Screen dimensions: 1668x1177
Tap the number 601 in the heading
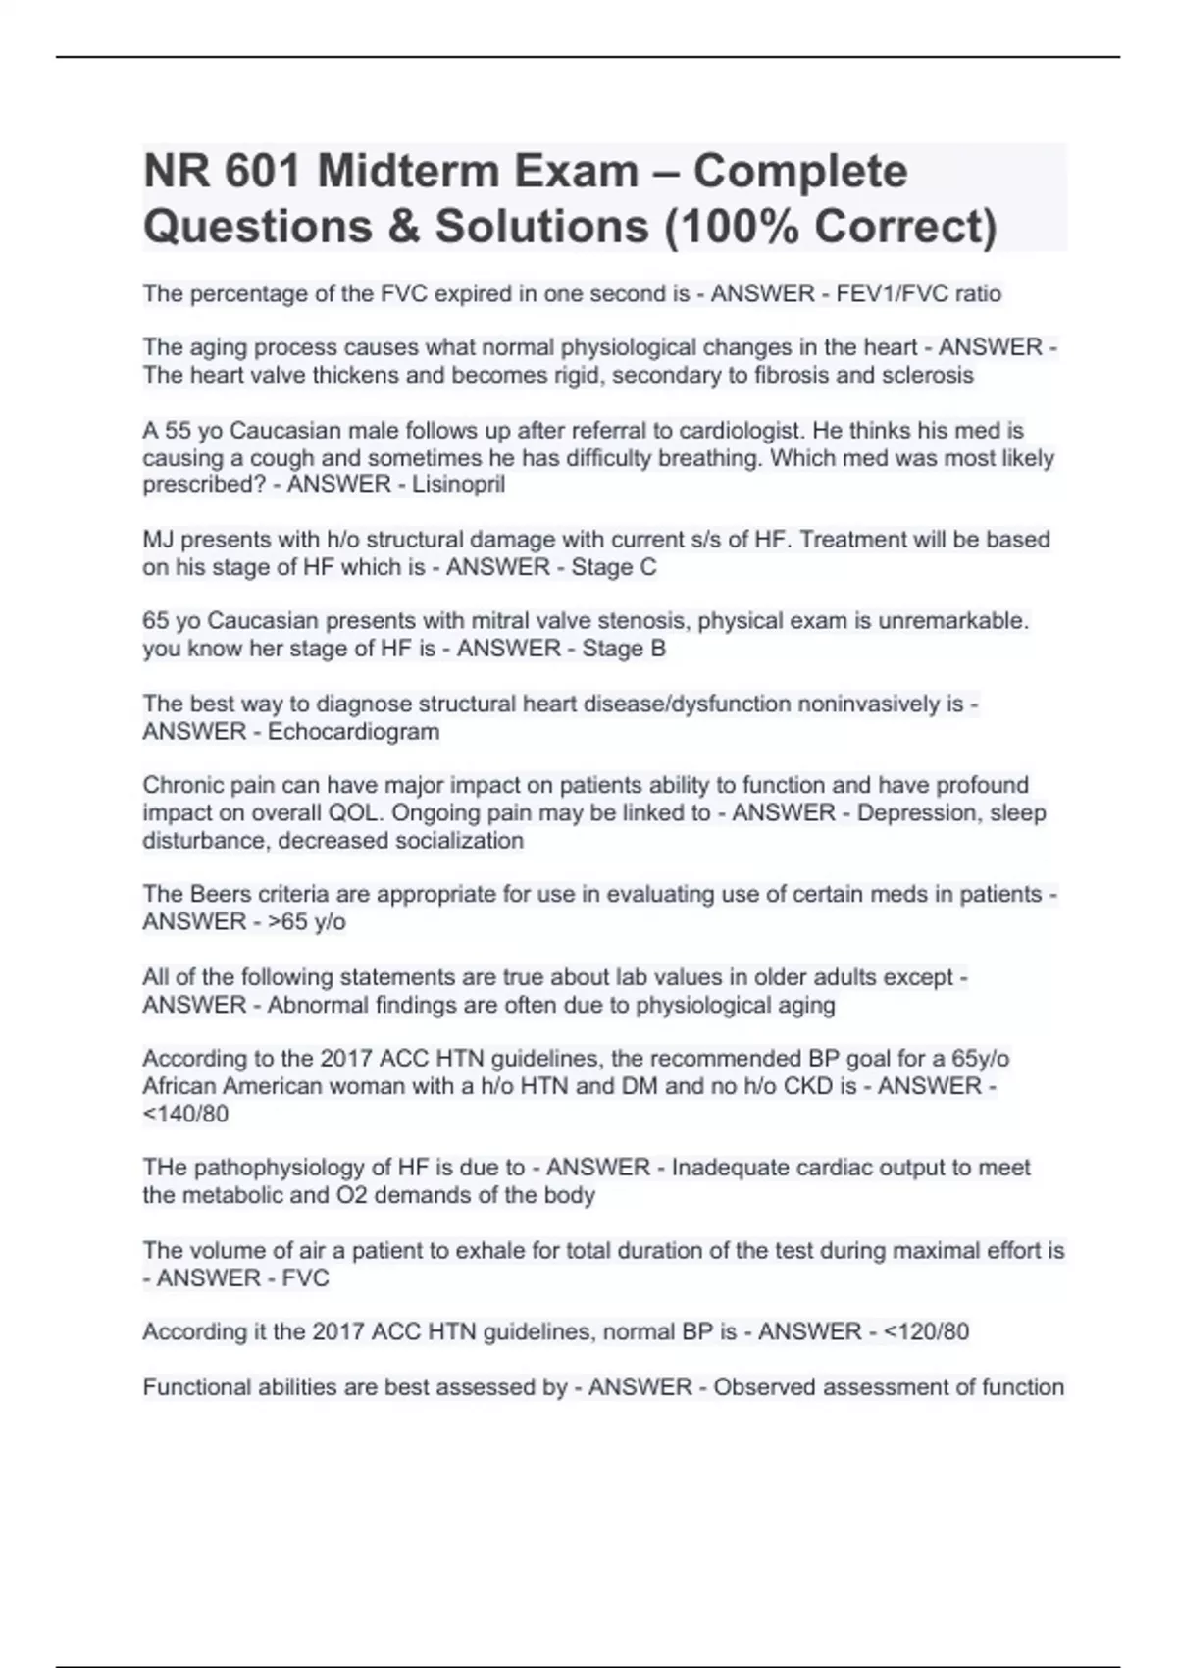263,172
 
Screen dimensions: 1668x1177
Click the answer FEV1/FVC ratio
918,293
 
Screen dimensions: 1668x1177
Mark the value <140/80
185,1114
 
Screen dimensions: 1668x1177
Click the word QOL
474,812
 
